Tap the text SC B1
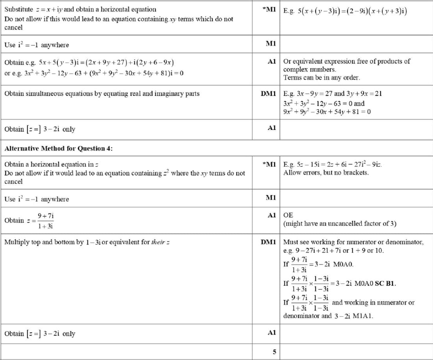[x=385, y=283]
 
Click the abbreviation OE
[x=288, y=215]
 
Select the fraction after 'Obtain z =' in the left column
[x=46, y=221]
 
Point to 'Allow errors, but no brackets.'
[x=326, y=173]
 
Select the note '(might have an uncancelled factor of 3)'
[x=340, y=224]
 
